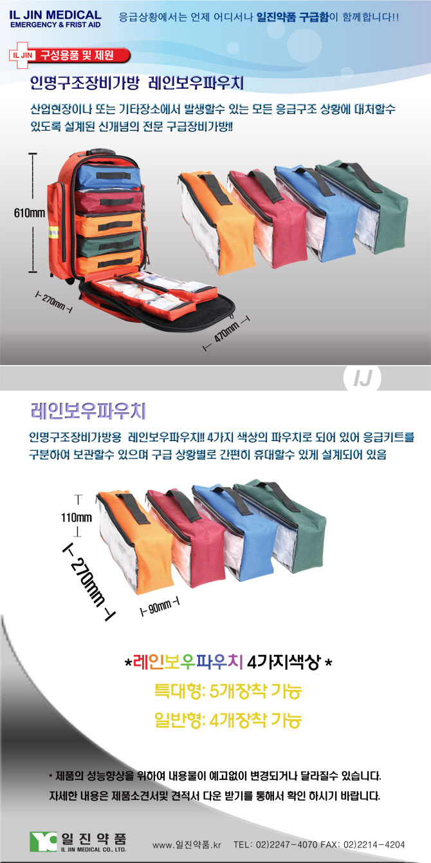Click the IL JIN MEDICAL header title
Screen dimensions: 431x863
55,15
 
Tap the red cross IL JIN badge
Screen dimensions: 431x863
22,55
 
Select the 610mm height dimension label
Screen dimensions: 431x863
29,213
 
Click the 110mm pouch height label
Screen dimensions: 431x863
76,517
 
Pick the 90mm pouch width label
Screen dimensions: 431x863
160,607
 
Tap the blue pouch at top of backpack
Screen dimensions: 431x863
109,176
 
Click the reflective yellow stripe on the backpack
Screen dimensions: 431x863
53,232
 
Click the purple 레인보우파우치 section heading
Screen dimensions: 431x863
88,411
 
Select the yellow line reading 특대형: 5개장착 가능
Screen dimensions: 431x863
228,691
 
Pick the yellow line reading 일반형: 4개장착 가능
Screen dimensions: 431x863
228,719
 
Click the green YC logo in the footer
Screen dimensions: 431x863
42,841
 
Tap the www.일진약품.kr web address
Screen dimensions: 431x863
187,844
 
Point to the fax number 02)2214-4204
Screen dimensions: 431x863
374,844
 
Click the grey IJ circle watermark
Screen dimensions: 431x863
362,378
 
